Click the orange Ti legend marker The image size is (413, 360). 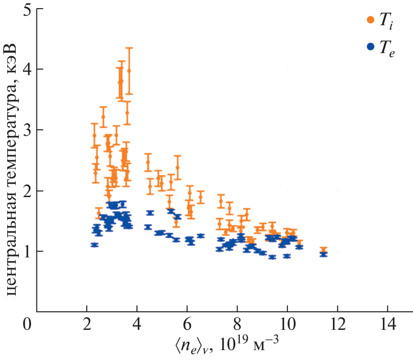[371, 19]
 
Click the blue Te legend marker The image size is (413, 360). [371, 46]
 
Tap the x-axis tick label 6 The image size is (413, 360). [187, 324]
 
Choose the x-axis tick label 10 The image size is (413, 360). [287, 324]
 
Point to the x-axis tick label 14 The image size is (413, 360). [387, 324]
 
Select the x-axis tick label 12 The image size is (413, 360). [337, 324]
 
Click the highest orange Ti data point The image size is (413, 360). [129, 71]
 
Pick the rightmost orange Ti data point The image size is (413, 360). [323, 249]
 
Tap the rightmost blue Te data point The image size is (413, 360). [323, 254]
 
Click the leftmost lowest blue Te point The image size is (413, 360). [94, 245]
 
